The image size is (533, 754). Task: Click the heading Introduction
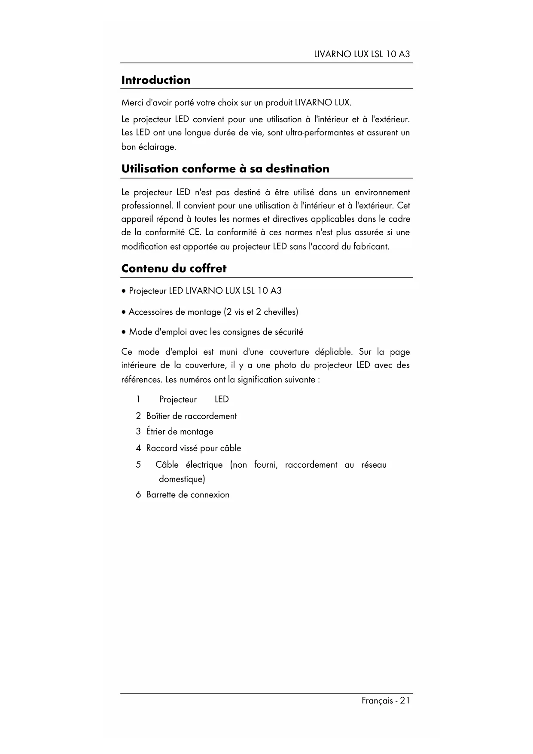[x=156, y=80]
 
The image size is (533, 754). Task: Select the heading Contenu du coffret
[x=174, y=269]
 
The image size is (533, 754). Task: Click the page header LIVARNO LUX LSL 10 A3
[x=362, y=54]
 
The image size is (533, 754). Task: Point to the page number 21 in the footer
[x=405, y=701]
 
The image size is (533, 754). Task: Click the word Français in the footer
[x=377, y=701]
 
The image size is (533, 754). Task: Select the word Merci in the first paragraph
[x=132, y=103]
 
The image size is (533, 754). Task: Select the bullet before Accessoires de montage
[x=124, y=312]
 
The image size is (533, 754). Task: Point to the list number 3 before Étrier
[x=138, y=432]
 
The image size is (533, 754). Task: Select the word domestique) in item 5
[x=182, y=479]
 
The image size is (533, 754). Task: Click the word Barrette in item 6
[x=161, y=495]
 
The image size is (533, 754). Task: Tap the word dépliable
[x=334, y=352]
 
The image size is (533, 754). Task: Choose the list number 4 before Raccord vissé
[x=138, y=448]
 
